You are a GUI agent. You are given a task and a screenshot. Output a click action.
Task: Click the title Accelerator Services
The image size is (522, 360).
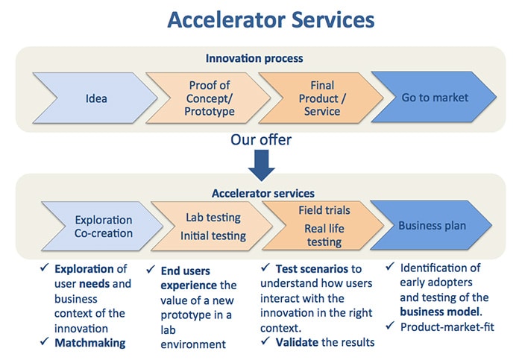pyautogui.click(x=271, y=19)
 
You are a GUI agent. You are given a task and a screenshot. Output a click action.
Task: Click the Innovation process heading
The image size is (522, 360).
pyautogui.click(x=254, y=59)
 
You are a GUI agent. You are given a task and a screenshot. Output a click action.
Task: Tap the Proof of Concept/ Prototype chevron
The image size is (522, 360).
pyautogui.click(x=209, y=98)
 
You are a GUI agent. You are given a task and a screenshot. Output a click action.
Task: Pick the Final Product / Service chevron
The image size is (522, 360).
pyautogui.click(x=322, y=98)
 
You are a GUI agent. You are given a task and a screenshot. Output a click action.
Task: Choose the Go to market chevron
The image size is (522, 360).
pyautogui.click(x=435, y=97)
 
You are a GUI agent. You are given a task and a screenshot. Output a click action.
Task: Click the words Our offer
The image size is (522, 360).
pyautogui.click(x=261, y=139)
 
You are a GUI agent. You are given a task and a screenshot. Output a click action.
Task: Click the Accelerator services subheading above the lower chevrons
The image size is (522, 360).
pyautogui.click(x=263, y=193)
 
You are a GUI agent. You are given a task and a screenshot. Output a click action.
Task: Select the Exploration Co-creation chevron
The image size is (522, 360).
pyautogui.click(x=103, y=227)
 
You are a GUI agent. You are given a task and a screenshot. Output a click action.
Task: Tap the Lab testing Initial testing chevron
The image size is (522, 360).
pyautogui.click(x=213, y=227)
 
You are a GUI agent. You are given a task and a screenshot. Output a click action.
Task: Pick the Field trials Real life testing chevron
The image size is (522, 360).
pyautogui.click(x=324, y=226)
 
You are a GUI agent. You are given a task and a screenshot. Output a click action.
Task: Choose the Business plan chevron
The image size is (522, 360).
pyautogui.click(x=432, y=225)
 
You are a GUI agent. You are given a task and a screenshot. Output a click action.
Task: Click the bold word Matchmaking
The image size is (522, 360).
pyautogui.click(x=90, y=343)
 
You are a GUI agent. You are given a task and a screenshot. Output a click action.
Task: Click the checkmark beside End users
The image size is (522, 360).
pyautogui.click(x=151, y=269)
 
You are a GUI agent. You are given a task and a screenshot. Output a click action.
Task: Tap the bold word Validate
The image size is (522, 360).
pyautogui.click(x=297, y=342)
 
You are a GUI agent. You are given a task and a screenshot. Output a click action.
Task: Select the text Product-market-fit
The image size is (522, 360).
pyautogui.click(x=447, y=327)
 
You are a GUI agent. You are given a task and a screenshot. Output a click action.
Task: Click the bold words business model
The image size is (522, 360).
pyautogui.click(x=440, y=312)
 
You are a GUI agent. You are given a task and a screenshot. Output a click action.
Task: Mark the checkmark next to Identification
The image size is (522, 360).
pyautogui.click(x=390, y=266)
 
